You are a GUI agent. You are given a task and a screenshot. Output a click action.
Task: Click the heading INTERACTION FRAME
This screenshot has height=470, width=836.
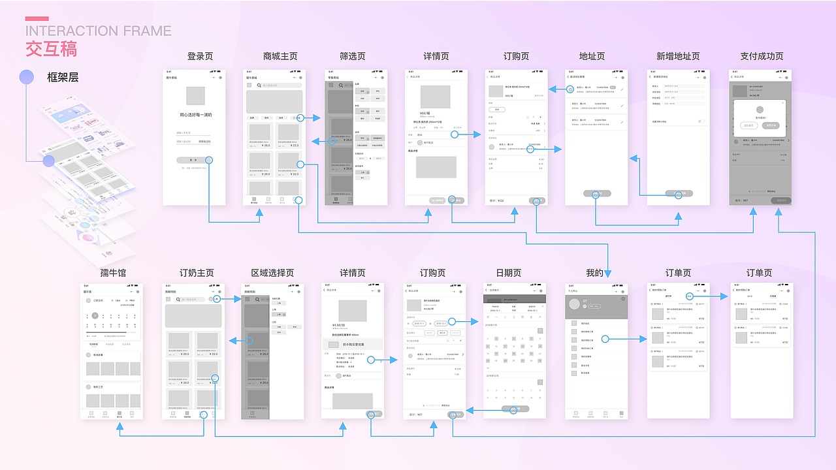click(x=98, y=31)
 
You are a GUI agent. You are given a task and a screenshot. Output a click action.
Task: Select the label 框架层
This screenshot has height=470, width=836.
click(x=63, y=77)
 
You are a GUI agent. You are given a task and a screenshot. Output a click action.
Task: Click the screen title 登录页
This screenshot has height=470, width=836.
click(x=200, y=57)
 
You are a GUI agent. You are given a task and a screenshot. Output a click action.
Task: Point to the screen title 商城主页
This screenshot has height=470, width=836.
click(x=280, y=57)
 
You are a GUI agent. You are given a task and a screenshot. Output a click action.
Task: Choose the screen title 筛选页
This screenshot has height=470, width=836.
click(x=353, y=57)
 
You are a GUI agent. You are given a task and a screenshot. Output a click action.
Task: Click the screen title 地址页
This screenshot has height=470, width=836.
click(x=592, y=57)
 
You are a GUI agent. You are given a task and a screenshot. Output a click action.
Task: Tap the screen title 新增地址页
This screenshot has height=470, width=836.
click(x=678, y=57)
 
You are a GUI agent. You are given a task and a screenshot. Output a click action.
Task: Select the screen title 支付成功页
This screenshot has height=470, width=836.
click(x=762, y=57)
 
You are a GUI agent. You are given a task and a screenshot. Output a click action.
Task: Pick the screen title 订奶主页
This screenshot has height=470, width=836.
click(x=197, y=273)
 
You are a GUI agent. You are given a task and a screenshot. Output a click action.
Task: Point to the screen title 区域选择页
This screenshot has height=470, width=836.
click(x=272, y=273)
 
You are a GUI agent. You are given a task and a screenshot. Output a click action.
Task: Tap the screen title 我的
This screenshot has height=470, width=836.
click(x=595, y=273)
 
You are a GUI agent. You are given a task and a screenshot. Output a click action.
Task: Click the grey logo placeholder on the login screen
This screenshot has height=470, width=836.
click(x=195, y=96)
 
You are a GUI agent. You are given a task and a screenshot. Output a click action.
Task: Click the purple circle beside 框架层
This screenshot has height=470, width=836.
click(x=26, y=77)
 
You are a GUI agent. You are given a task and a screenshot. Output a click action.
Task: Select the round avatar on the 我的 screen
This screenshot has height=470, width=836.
click(x=575, y=304)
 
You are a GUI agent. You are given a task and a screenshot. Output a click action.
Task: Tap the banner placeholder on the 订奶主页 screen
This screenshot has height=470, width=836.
click(x=193, y=316)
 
